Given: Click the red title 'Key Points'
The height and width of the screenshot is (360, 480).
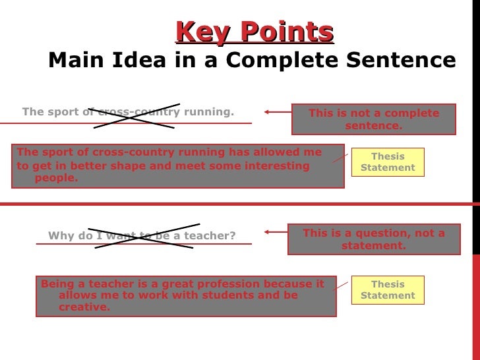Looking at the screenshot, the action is pyautogui.click(x=255, y=31).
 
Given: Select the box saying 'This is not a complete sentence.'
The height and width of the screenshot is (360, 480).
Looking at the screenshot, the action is pyautogui.click(x=373, y=119).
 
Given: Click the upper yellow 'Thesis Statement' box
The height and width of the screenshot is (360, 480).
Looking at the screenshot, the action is pyautogui.click(x=388, y=162).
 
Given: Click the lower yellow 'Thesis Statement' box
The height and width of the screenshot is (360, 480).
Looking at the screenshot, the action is pyautogui.click(x=388, y=290).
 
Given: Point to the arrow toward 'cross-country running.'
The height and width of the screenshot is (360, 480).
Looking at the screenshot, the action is pyautogui.click(x=277, y=112).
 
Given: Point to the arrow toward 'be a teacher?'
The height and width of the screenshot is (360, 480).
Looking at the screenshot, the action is pyautogui.click(x=277, y=231).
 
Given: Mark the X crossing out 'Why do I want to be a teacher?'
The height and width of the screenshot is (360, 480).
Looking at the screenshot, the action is pyautogui.click(x=143, y=236).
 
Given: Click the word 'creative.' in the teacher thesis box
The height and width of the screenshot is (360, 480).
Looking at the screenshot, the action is pyautogui.click(x=84, y=307).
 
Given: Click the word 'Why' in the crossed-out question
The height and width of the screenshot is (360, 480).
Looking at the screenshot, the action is pyautogui.click(x=59, y=236).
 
